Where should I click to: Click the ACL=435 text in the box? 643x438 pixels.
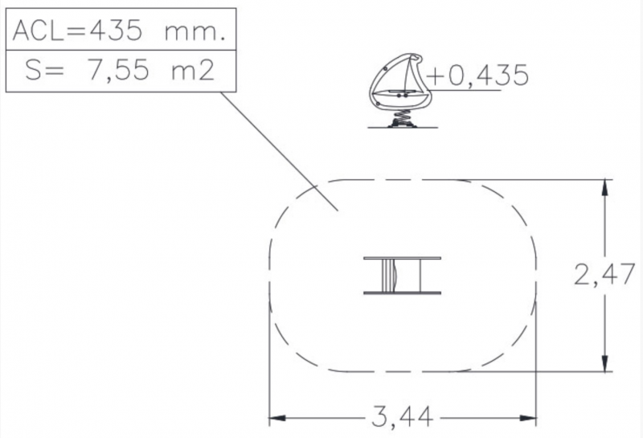point(77,31)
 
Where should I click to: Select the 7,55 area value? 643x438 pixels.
point(118,71)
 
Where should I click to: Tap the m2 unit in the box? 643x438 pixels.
point(193,71)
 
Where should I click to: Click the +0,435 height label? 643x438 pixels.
point(477,75)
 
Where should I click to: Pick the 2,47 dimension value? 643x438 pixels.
point(604,274)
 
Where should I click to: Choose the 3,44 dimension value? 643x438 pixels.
point(403,415)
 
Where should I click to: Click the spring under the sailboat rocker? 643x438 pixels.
point(402,118)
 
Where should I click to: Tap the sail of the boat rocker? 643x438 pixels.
point(409,74)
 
